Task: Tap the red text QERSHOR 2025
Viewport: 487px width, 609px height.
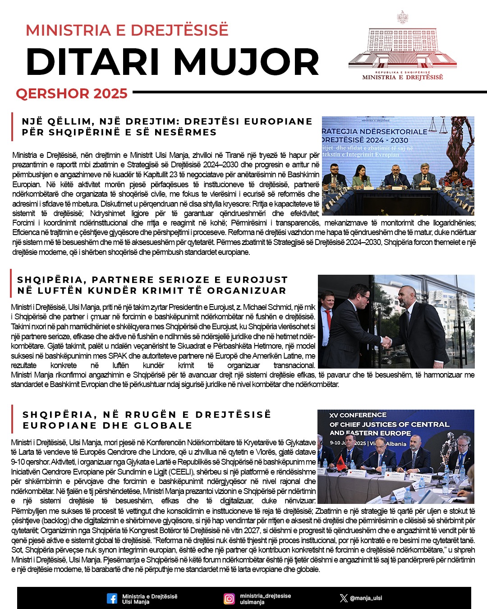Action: click(x=72, y=93)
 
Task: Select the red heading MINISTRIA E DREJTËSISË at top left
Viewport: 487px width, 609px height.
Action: click(x=127, y=30)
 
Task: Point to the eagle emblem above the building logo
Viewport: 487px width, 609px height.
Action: click(x=402, y=18)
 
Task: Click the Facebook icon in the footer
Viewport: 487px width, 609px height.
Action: click(x=112, y=599)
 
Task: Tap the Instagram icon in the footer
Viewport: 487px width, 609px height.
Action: click(x=230, y=599)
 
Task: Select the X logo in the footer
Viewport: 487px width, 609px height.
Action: click(x=344, y=598)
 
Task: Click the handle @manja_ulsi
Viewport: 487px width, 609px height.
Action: click(x=366, y=598)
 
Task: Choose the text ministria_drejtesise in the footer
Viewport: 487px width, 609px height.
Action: click(x=265, y=595)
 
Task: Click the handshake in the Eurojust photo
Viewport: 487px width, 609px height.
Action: click(x=387, y=342)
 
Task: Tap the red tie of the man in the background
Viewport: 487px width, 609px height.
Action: click(x=329, y=318)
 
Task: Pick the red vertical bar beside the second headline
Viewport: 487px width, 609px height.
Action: click(x=11, y=284)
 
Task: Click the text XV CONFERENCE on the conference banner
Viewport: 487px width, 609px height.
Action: click(x=358, y=415)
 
